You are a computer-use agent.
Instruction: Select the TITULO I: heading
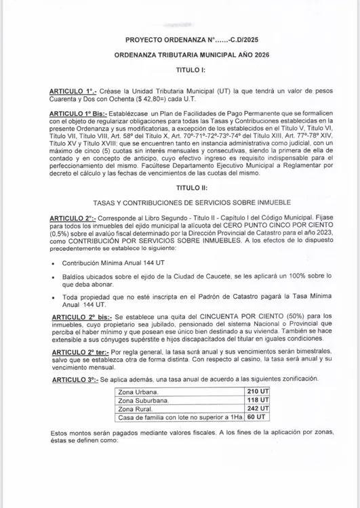click(x=181, y=70)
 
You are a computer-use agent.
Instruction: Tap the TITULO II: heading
click(x=180, y=187)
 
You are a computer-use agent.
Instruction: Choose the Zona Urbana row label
click(x=138, y=392)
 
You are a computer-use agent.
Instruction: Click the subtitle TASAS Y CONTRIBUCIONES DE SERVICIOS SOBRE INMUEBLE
click(x=180, y=203)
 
